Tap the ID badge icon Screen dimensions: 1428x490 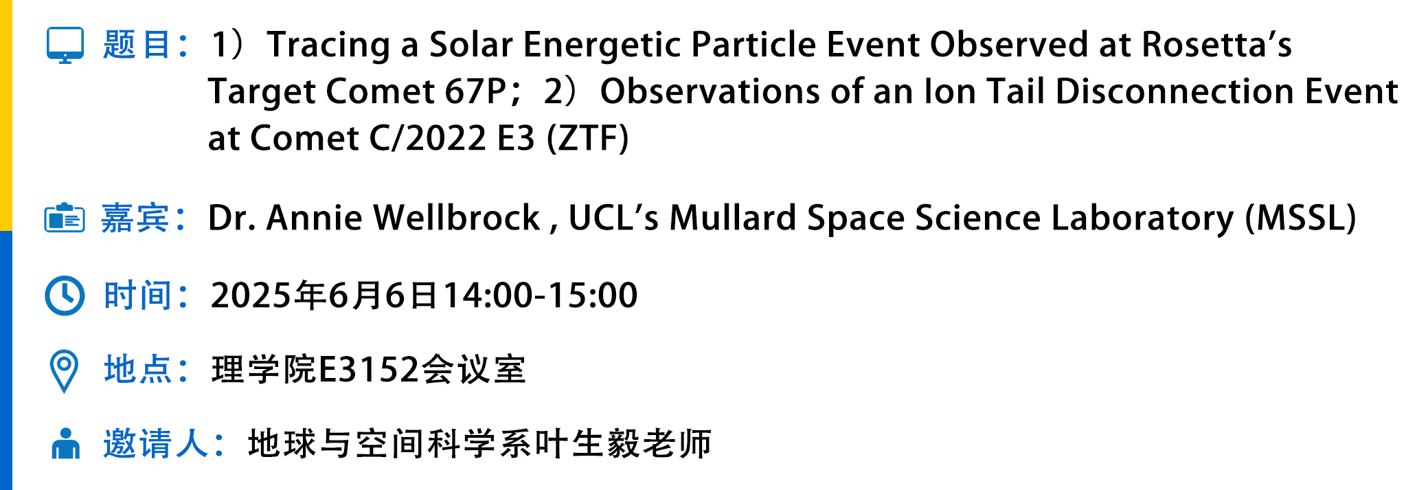coord(65,218)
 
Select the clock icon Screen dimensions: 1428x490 coord(65,296)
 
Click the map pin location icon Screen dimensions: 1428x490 coord(65,371)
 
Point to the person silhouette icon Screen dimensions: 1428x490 coord(66,444)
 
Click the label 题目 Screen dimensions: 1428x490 coord(137,45)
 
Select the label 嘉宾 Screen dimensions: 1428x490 coord(135,218)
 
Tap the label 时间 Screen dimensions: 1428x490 coord(137,296)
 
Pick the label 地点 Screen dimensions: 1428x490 coord(137,370)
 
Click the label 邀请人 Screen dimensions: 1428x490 coord(155,443)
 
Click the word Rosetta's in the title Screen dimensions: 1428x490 coord(1216,45)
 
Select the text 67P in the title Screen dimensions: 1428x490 coord(475,91)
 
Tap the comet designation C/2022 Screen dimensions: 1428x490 coord(429,138)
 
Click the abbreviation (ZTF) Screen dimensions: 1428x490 coord(588,138)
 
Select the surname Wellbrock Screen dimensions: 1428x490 coord(457,218)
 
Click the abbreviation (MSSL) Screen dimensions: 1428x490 coord(1301,218)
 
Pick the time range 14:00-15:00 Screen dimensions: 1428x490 coord(541,296)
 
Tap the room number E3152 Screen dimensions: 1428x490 coord(369,370)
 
